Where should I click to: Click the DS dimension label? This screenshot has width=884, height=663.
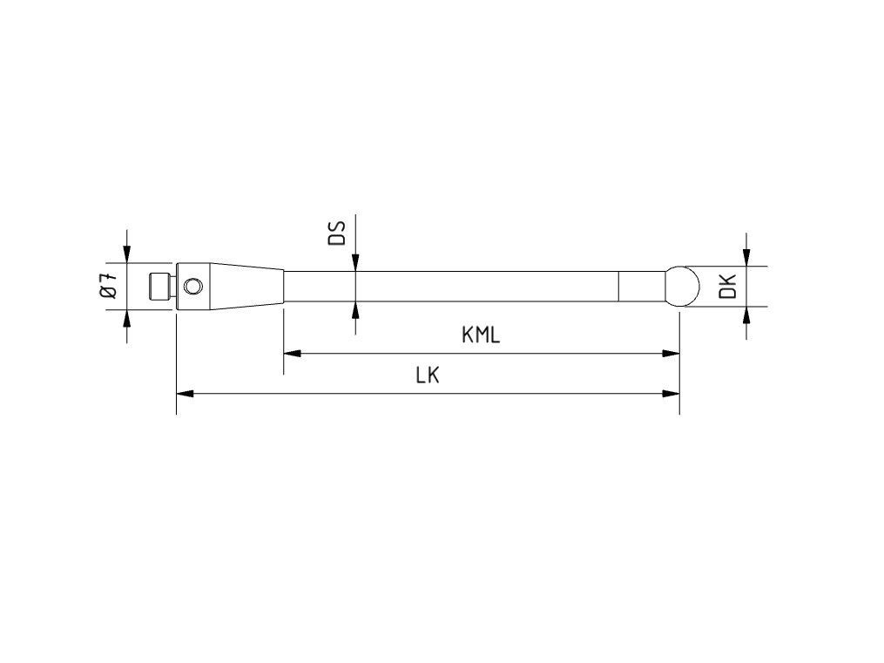336,233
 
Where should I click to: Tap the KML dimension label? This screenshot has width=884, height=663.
481,335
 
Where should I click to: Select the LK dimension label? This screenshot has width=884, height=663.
428,375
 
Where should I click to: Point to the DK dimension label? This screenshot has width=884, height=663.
729,286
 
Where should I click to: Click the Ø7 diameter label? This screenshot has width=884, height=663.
110,285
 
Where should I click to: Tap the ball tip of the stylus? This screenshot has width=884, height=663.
682,287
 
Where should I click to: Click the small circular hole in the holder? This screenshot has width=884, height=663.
192,287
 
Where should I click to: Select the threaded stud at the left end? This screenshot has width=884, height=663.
160,287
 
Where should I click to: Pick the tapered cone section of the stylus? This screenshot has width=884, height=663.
247,287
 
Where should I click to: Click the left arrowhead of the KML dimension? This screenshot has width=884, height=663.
292,354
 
